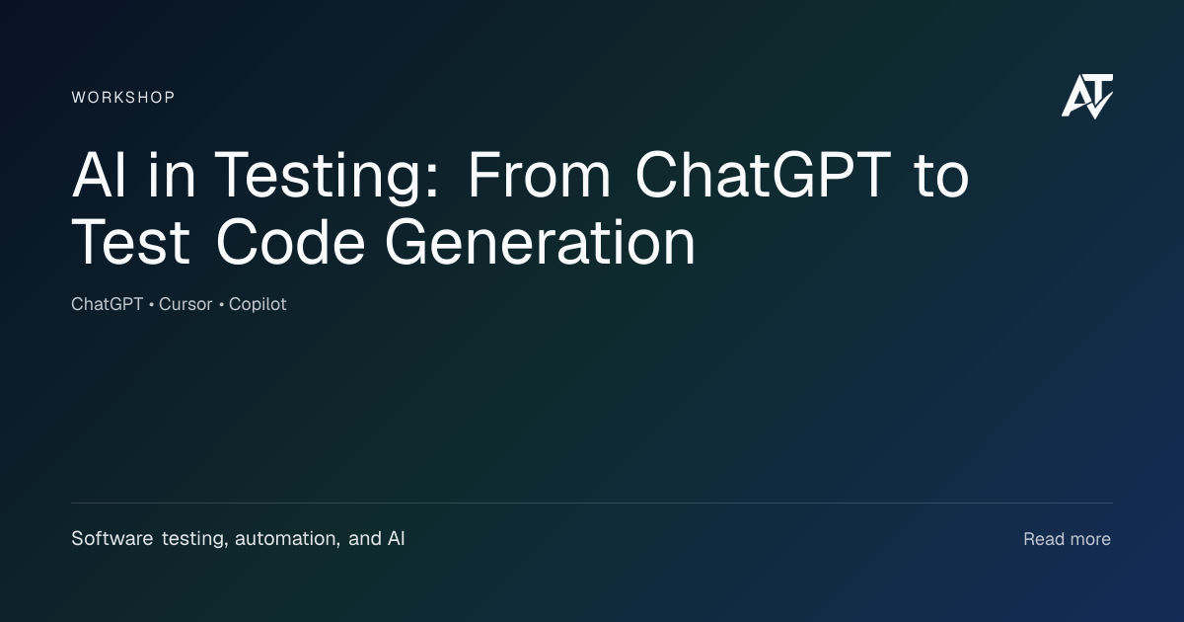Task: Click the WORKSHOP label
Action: tap(123, 98)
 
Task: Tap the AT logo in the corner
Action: tap(1087, 97)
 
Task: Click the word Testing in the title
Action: tap(317, 176)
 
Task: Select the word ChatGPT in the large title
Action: tap(764, 175)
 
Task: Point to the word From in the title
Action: tap(539, 175)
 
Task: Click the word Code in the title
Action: tap(291, 242)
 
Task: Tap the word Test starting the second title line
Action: tap(130, 242)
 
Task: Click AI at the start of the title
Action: tap(99, 175)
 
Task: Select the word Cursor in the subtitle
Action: tap(185, 304)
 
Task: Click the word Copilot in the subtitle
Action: tap(258, 305)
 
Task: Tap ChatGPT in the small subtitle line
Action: tap(108, 304)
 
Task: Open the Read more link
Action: tap(1068, 539)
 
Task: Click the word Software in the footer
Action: tap(112, 538)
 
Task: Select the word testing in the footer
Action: tap(194, 539)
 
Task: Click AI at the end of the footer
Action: tap(396, 538)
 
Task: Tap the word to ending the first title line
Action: tap(941, 177)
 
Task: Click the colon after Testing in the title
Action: tap(431, 181)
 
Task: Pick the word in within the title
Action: tap(173, 175)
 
